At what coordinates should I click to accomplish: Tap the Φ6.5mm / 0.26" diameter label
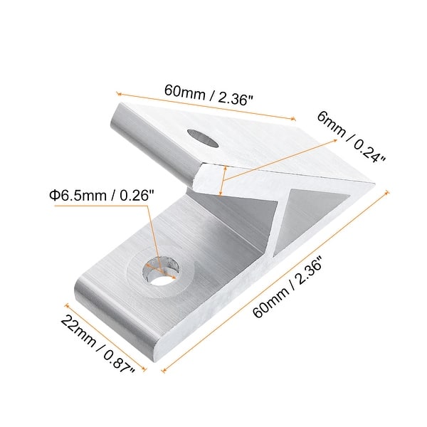coord(100,194)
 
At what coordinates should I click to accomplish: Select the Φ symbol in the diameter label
coord(53,194)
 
